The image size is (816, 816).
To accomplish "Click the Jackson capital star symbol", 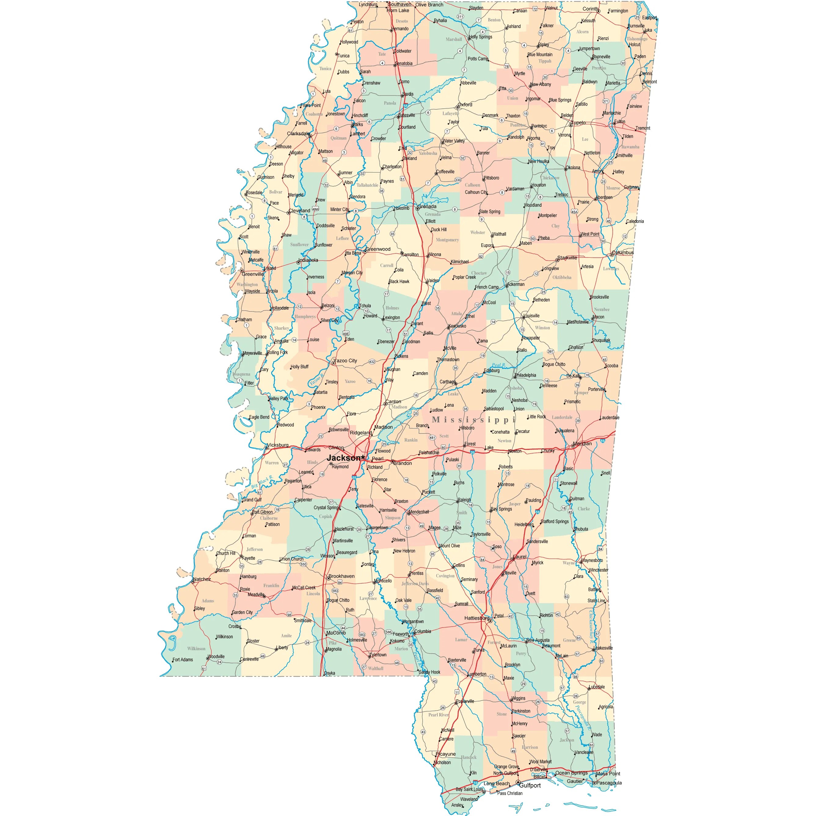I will pyautogui.click(x=363, y=457).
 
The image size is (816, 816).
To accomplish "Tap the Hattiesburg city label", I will pyautogui.click(x=476, y=618).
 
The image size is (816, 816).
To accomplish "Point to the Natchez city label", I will pyautogui.click(x=202, y=579).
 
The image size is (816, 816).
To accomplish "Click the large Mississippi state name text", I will pyautogui.click(x=473, y=420).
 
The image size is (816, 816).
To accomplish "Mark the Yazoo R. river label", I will pyautogui.click(x=316, y=380).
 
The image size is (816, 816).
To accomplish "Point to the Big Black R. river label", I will pyautogui.click(x=262, y=482).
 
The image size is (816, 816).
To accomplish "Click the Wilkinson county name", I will pyautogui.click(x=196, y=649).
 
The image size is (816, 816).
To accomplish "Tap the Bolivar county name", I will pyautogui.click(x=276, y=192).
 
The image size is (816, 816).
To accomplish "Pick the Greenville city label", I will pyautogui.click(x=253, y=274).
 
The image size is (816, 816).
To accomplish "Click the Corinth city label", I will pyautogui.click(x=590, y=9).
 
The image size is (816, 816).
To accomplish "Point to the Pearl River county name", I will pyautogui.click(x=439, y=715).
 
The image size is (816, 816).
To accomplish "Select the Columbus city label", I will pyautogui.click(x=623, y=253).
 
